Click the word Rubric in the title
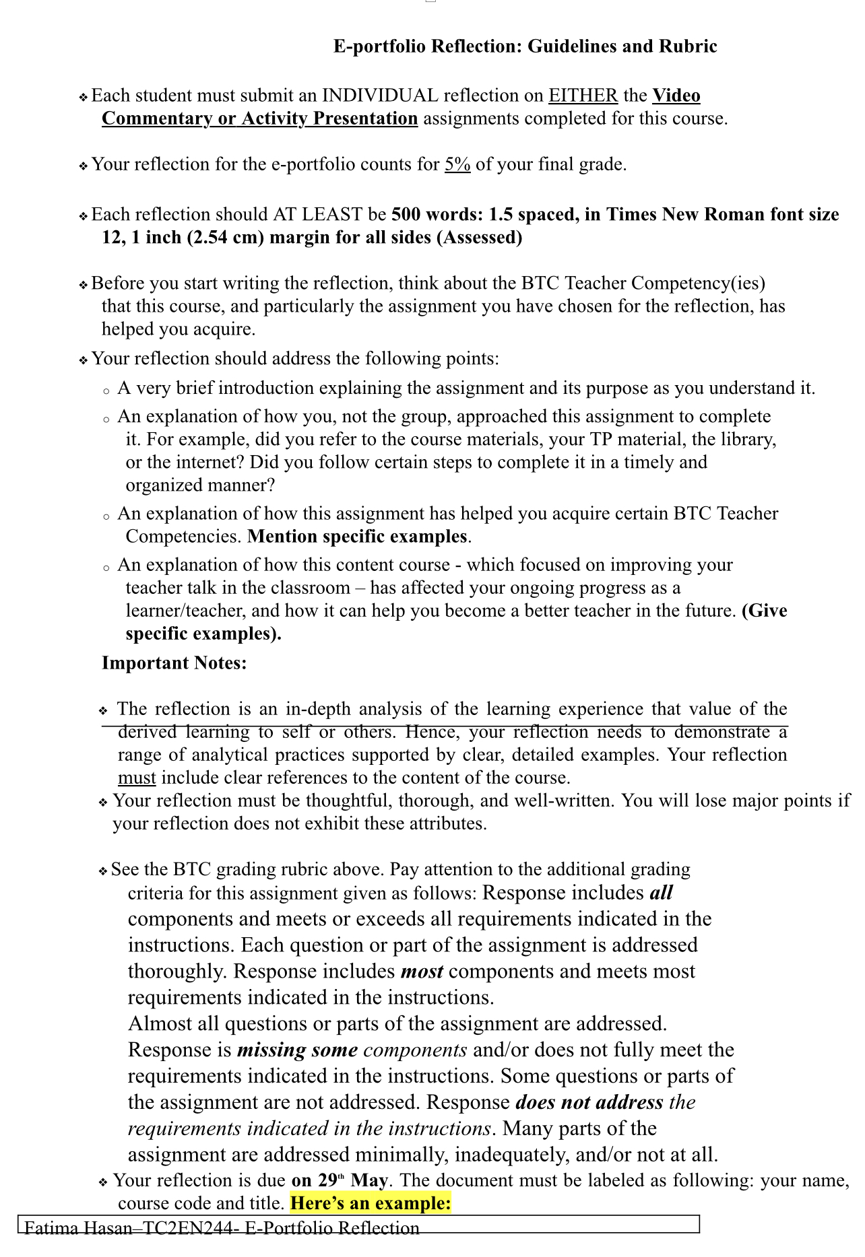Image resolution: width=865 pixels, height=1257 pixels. tap(688, 46)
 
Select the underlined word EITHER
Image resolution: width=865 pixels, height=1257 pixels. tap(583, 96)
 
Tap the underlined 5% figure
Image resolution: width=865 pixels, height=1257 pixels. tap(457, 164)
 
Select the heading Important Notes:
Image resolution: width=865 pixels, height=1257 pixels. tap(174, 663)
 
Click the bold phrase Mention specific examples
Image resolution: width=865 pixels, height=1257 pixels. tap(357, 537)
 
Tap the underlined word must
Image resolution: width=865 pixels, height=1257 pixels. tap(137, 778)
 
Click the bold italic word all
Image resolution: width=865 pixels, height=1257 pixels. tap(661, 893)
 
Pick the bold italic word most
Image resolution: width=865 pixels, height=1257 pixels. tap(422, 972)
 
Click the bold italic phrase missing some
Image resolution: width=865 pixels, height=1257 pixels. tap(297, 1050)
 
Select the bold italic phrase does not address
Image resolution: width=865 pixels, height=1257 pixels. tap(589, 1103)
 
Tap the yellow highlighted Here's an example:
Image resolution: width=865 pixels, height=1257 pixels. tap(371, 1204)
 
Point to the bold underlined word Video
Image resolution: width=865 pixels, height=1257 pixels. tap(676, 96)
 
